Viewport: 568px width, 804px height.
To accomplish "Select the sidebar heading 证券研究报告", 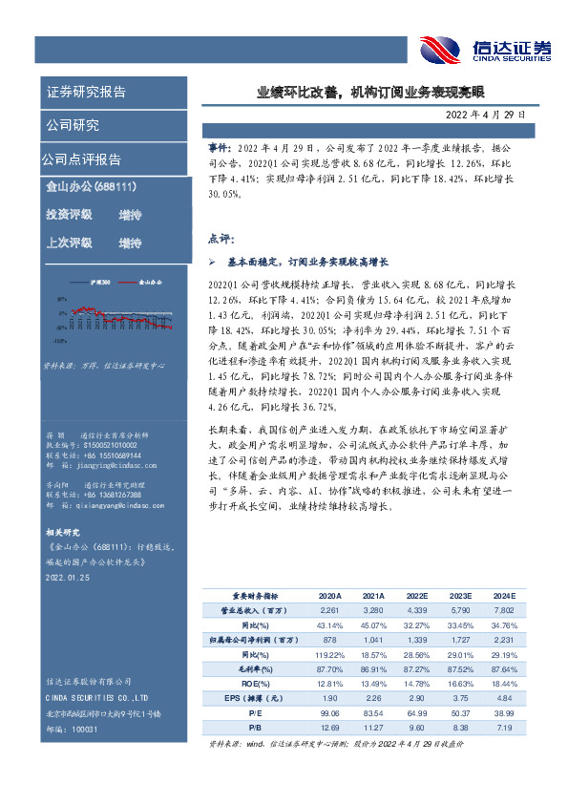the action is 86,93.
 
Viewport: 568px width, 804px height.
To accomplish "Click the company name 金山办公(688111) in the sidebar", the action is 91,186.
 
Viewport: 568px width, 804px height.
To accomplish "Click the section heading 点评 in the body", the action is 219,238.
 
